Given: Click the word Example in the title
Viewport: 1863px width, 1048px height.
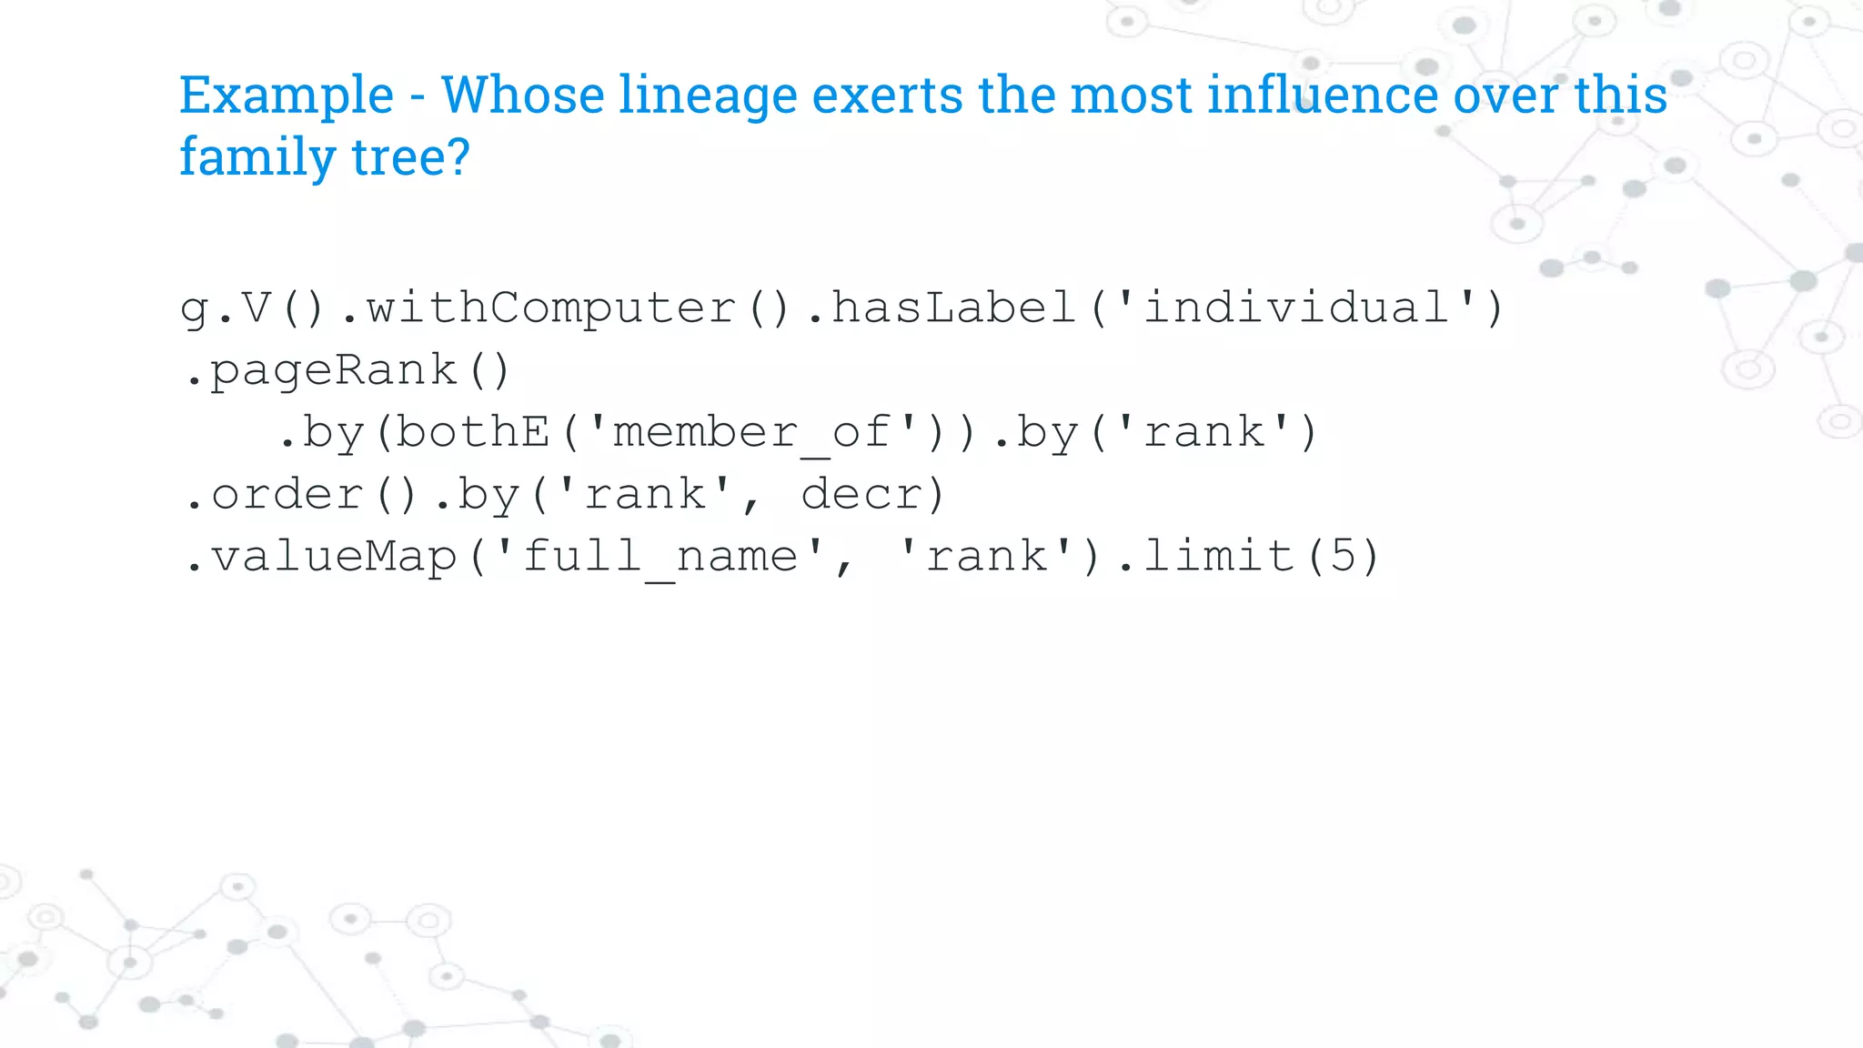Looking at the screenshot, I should click(286, 96).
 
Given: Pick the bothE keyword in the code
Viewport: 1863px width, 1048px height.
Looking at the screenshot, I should click(473, 432).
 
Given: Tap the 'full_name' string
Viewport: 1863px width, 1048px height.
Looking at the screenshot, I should click(660, 557).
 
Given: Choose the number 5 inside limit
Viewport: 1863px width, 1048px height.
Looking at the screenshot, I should click(1342, 557).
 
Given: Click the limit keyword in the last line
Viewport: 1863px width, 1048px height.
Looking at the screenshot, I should click(1219, 557).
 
